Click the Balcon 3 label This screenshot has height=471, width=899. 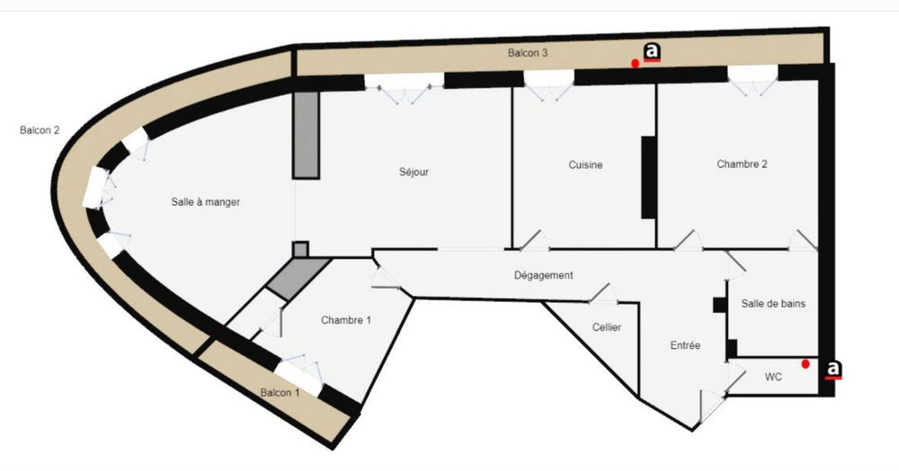point(528,53)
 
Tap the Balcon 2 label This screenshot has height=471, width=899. point(40,130)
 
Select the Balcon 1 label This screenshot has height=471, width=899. point(280,393)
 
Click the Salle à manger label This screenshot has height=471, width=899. point(205,202)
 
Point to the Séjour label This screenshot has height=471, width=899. point(414,172)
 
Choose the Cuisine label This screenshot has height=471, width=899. point(585,165)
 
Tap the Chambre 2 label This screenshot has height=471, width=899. point(742,164)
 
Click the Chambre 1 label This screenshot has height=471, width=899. point(346,320)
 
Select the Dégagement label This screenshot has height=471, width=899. point(544,276)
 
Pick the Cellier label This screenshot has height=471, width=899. point(607,327)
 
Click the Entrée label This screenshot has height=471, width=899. point(685,345)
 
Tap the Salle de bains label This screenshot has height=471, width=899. point(773,304)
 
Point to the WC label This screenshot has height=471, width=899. point(773,377)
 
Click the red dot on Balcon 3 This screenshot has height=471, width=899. point(635,64)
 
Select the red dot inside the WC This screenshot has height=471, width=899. point(806,364)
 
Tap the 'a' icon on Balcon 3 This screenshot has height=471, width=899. point(652,52)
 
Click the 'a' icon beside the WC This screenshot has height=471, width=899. point(833,369)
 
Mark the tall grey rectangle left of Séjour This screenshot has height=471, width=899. point(307,135)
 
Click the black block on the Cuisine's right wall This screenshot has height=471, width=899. point(648,177)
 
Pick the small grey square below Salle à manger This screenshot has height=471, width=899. point(300,249)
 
